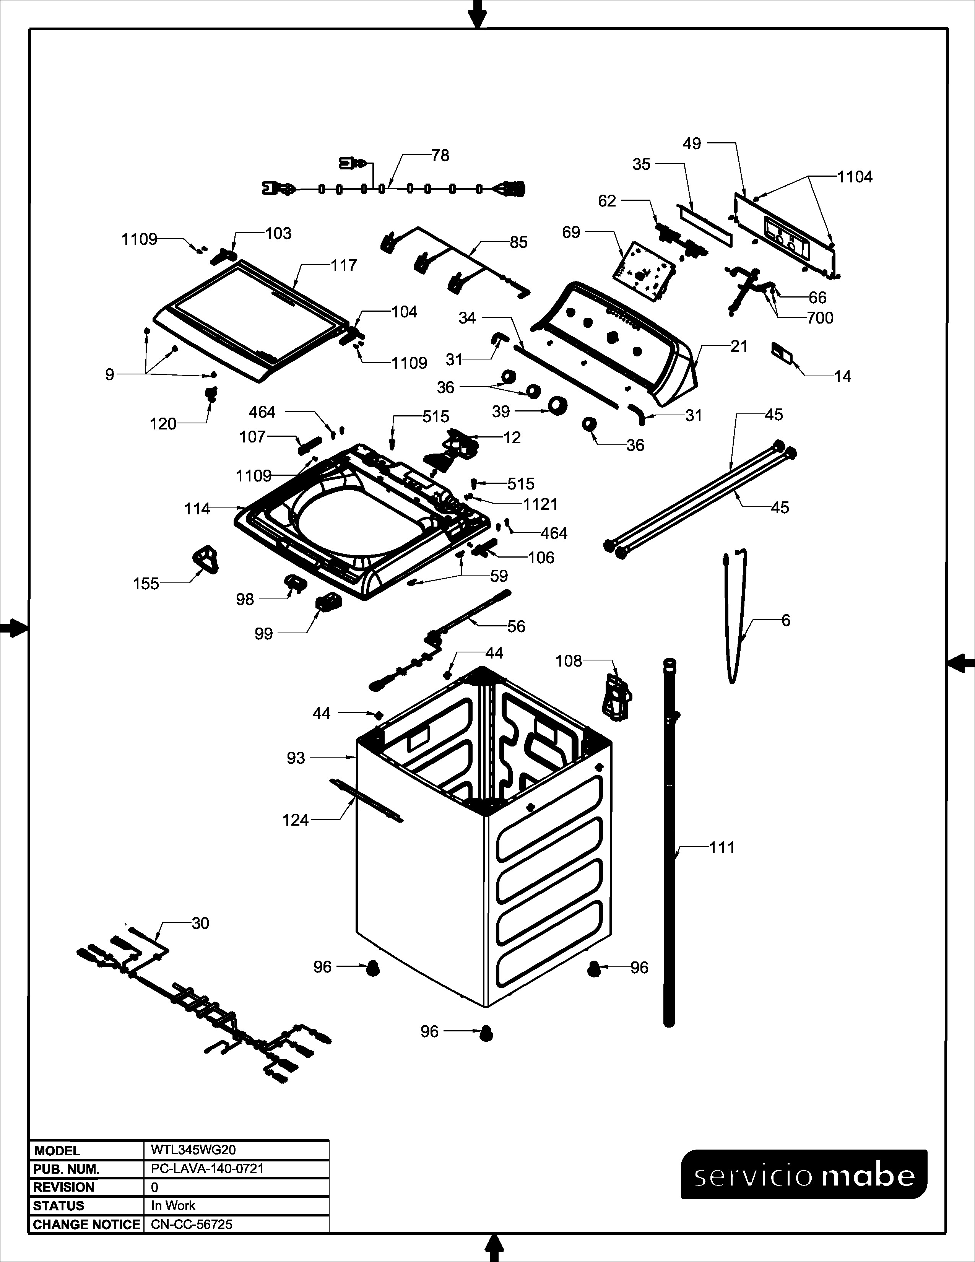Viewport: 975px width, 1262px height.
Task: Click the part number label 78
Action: pos(440,155)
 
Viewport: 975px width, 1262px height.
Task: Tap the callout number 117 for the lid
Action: pos(344,265)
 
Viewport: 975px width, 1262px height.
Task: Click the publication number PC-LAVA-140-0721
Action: pos(207,1168)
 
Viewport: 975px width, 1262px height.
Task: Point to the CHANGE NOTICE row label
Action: pos(87,1225)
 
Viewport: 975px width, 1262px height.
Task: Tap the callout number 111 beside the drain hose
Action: pos(722,848)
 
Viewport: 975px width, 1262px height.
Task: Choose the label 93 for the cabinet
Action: pos(296,758)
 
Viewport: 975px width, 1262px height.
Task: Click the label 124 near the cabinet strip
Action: pos(296,820)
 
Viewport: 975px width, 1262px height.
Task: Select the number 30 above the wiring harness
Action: pos(200,924)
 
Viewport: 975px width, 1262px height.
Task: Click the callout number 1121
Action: pos(541,504)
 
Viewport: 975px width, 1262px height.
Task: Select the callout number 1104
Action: pos(855,177)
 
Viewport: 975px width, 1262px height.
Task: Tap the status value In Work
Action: pos(173,1205)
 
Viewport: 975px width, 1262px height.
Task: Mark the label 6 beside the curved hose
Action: pos(786,621)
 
